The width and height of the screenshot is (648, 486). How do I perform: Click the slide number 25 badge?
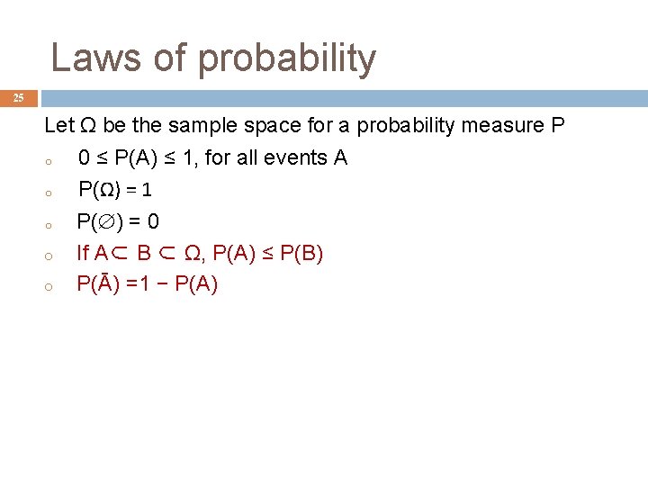[x=18, y=97]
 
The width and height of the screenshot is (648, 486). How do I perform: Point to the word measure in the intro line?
[x=499, y=126]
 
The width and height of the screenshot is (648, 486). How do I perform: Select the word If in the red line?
[x=83, y=253]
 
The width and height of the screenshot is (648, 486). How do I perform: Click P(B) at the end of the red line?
[x=301, y=253]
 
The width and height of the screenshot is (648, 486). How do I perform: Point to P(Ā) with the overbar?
[x=99, y=284]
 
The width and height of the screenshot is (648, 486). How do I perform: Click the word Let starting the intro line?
[x=58, y=126]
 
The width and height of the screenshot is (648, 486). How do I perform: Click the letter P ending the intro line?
[x=557, y=126]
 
